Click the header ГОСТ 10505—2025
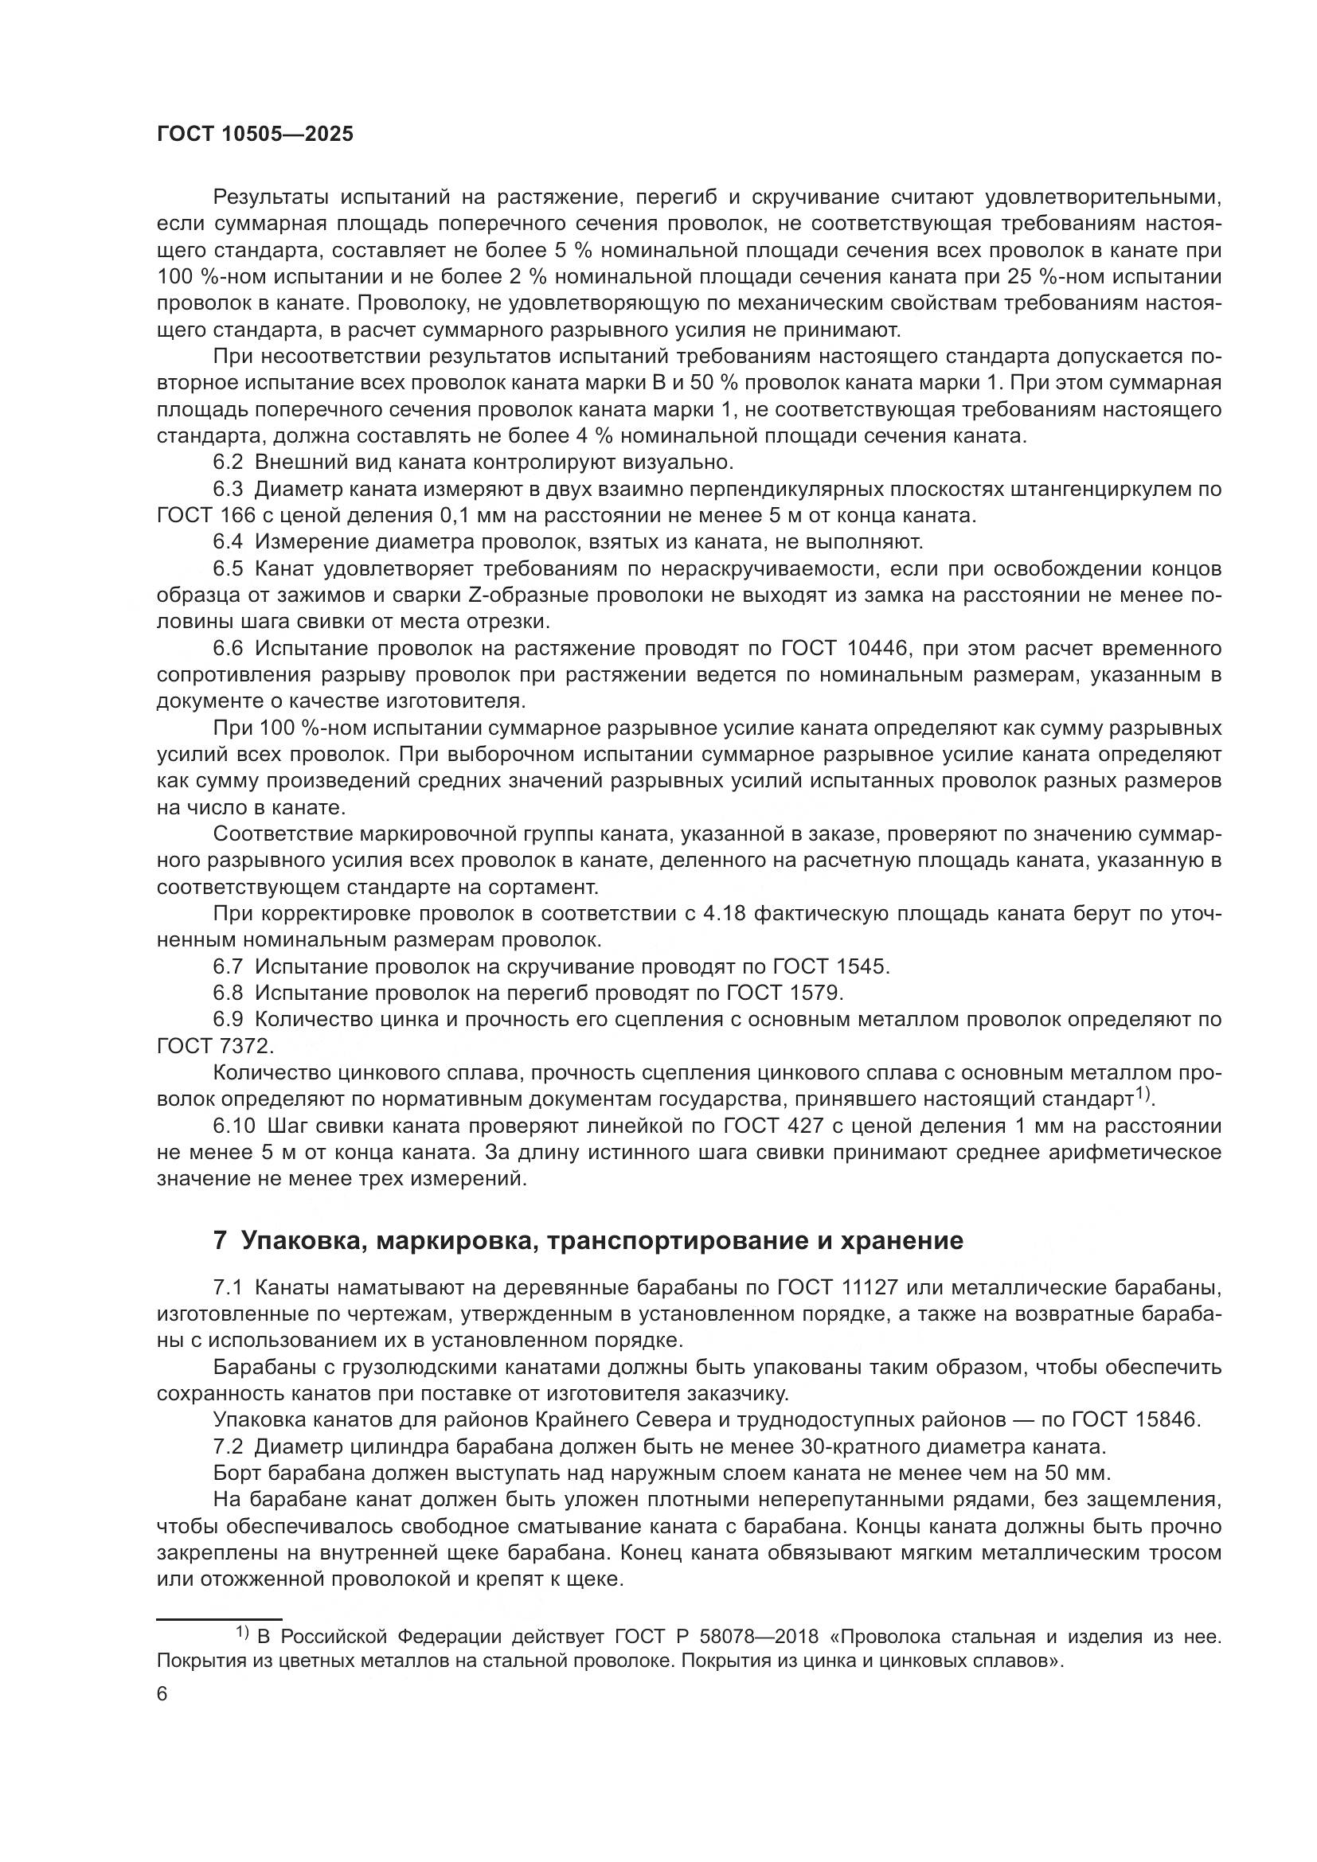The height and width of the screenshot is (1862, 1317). tap(255, 135)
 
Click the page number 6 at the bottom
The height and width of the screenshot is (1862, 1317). tap(162, 1694)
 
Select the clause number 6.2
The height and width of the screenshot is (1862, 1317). tap(228, 463)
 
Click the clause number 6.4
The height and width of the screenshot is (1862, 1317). tap(228, 542)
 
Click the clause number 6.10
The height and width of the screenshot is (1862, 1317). tap(233, 1126)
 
